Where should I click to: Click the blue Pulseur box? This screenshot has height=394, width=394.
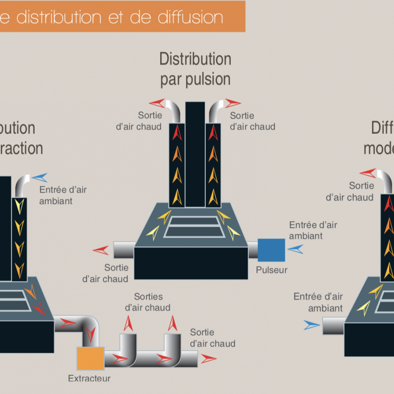[x=271, y=250]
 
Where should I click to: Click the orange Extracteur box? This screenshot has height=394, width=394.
[x=90, y=358]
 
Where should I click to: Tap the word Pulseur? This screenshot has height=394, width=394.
[x=272, y=270]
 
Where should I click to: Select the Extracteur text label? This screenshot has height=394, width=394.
[x=89, y=378]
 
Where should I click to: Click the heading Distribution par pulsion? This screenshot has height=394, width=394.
[x=195, y=69]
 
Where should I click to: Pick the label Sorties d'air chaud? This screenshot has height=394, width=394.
[x=148, y=302]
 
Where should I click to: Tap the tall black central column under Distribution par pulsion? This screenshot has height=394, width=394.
[x=195, y=153]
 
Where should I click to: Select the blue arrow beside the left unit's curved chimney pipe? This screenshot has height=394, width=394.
[x=39, y=177]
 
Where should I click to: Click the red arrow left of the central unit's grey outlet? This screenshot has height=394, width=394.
[x=101, y=250]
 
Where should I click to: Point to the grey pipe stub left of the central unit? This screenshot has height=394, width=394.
[x=123, y=250]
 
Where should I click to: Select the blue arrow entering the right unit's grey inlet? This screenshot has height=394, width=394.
[x=312, y=325]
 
